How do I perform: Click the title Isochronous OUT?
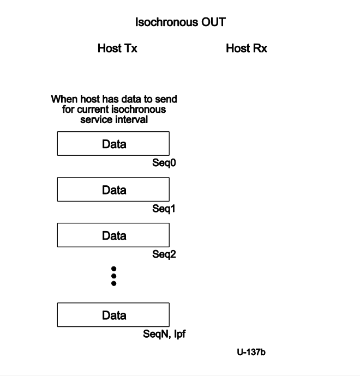[x=180, y=22]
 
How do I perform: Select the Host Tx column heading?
[x=117, y=48]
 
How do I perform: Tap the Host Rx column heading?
[x=247, y=48]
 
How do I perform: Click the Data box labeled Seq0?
[x=113, y=144]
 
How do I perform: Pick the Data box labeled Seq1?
[x=113, y=190]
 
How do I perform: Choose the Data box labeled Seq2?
[x=113, y=235]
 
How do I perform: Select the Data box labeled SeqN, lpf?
[x=113, y=315]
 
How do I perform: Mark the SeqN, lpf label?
[x=165, y=334]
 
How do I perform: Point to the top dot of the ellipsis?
[x=113, y=269]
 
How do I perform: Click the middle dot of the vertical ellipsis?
[x=113, y=276]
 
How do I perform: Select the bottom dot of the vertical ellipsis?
[x=113, y=283]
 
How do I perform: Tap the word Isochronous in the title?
[x=167, y=22]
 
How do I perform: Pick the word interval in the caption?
[x=133, y=119]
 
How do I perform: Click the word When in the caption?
[x=62, y=100]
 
